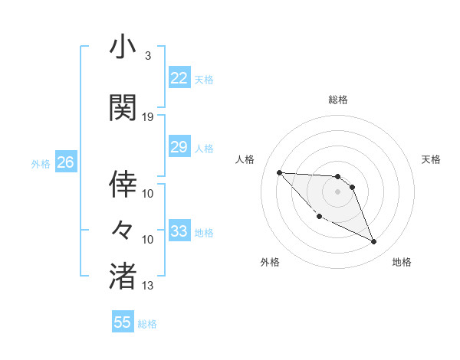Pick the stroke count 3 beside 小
[147, 56]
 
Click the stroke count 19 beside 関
[148, 116]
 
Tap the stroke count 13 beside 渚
[148, 286]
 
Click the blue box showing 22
[179, 77]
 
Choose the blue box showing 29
[179, 147]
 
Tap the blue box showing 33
[179, 231]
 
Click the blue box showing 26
[65, 162]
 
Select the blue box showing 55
[123, 322]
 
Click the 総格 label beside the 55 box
[147, 324]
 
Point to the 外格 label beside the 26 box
[41, 164]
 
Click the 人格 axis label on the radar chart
[245, 159]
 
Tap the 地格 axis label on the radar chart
[402, 262]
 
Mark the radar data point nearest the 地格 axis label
[374, 242]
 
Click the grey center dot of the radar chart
[337, 191]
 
